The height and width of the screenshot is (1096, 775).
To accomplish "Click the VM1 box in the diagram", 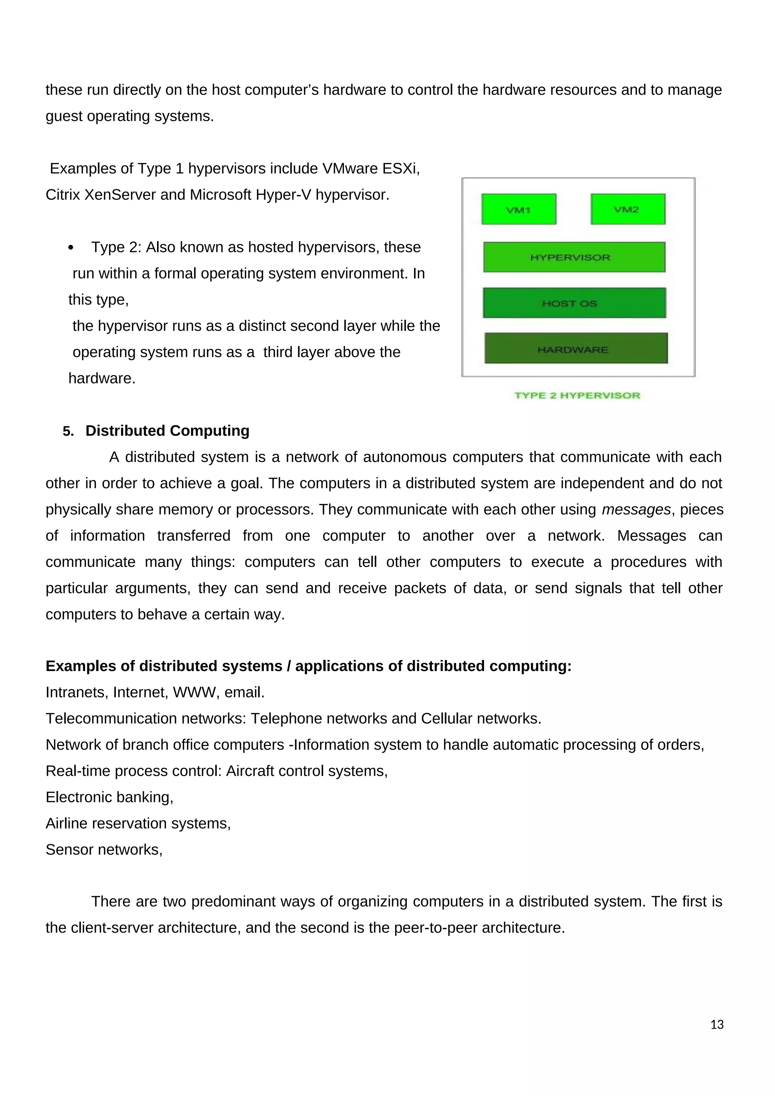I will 519,209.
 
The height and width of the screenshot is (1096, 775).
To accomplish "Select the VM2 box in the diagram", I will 627,209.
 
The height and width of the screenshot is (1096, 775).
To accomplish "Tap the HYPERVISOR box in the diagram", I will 574,257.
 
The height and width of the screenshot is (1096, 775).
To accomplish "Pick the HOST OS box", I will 574,303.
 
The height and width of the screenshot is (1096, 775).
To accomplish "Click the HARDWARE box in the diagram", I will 576,349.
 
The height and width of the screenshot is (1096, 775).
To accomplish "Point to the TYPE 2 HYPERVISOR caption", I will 577,395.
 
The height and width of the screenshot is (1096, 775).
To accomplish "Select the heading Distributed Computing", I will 167,431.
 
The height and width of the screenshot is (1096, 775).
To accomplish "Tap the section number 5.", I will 68,431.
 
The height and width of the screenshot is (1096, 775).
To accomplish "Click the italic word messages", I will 636,509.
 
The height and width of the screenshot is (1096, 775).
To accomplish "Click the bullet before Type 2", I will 71,248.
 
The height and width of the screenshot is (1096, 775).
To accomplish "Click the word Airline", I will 66,824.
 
